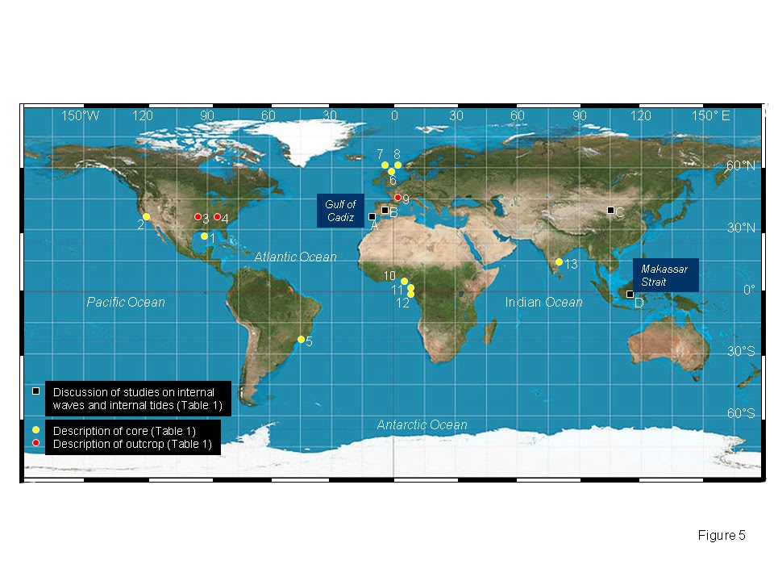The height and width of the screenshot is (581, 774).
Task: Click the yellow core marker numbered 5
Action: pos(301,340)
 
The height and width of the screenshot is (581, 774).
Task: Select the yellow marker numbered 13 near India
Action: pos(559,262)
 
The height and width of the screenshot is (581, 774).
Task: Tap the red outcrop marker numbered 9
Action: pos(397,198)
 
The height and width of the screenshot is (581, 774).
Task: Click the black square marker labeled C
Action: pos(610,211)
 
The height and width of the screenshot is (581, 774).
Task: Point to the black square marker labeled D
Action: pos(630,295)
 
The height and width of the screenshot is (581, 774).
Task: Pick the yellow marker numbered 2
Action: pos(146,217)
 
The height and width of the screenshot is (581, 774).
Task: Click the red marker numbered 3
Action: pos(198,217)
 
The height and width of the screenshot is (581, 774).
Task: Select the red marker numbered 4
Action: pos(217,217)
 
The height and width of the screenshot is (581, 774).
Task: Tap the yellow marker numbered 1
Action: pos(204,236)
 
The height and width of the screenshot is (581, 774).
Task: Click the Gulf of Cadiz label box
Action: pos(340,211)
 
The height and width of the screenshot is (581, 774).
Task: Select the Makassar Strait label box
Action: pos(665,275)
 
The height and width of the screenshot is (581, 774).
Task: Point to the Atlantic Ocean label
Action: pos(295,257)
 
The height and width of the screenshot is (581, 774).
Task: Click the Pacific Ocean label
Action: pos(126,302)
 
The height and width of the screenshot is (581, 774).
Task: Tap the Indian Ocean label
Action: pos(543,302)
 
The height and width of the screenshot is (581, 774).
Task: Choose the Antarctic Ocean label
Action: pos(422,424)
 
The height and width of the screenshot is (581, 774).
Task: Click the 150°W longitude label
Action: pos(81,116)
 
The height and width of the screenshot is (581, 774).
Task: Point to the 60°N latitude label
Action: pos(740,166)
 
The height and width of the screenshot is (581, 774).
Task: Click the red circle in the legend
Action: pos(36,443)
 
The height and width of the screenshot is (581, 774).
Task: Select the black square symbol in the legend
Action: pos(36,391)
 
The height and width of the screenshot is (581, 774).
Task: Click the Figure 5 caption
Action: pos(721,535)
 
